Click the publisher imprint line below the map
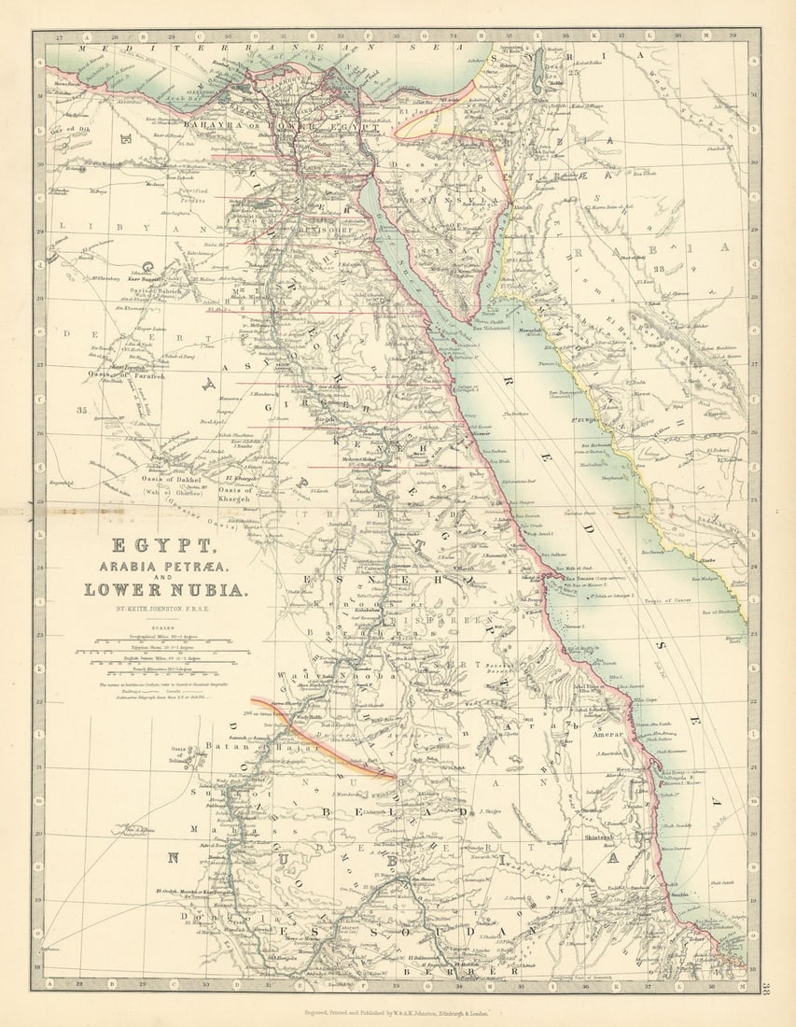398,1011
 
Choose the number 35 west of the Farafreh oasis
81,409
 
